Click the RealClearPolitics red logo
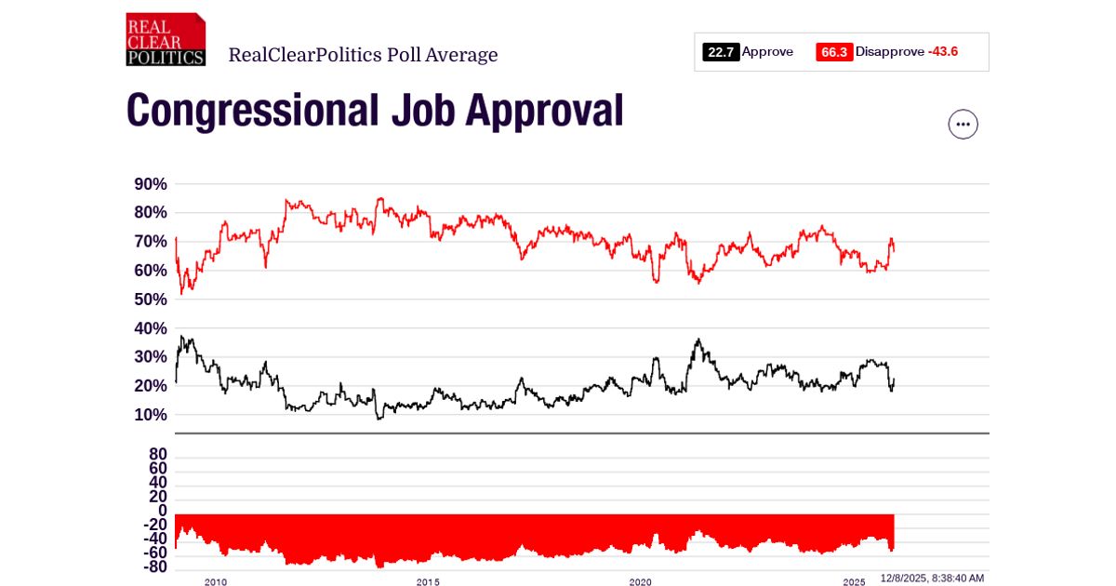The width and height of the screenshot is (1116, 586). (x=166, y=39)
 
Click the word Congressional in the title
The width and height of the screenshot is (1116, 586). (x=252, y=111)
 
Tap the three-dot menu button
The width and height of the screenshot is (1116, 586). (x=963, y=124)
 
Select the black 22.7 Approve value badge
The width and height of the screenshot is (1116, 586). (x=721, y=52)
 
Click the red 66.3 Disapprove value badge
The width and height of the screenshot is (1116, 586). (x=834, y=52)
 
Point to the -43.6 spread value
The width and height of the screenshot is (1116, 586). (x=942, y=52)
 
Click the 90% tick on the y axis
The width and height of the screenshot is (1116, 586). (x=151, y=184)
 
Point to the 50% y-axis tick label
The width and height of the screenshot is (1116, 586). (x=151, y=300)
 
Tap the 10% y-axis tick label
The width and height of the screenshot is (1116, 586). (x=151, y=415)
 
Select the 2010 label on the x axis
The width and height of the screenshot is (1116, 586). (x=215, y=582)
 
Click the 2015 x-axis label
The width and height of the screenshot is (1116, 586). (x=428, y=582)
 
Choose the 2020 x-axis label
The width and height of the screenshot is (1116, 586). (x=641, y=582)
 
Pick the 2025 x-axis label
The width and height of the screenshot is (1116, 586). (x=854, y=582)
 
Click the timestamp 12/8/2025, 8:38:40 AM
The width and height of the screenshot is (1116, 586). (x=932, y=579)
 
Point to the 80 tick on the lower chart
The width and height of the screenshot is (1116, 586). (x=157, y=454)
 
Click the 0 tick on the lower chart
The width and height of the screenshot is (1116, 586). (x=162, y=511)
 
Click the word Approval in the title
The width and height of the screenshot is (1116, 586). (x=545, y=111)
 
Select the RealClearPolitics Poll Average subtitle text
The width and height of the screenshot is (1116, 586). (x=363, y=55)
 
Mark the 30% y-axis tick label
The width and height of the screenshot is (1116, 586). (x=151, y=357)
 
